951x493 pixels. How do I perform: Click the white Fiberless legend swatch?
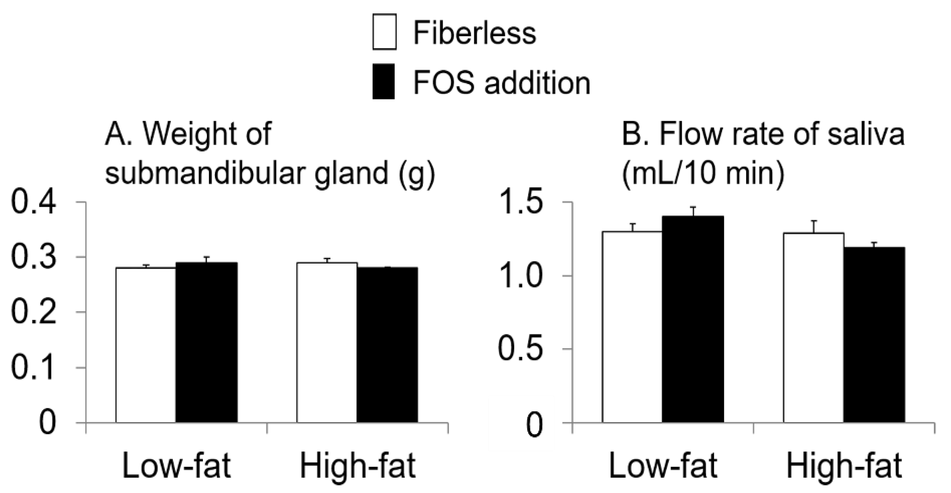pos(384,32)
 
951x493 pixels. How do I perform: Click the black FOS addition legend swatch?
pos(383,82)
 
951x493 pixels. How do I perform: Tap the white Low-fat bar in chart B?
pos(632,326)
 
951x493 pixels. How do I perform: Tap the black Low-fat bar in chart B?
pos(693,319)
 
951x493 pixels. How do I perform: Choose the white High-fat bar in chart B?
pos(814,327)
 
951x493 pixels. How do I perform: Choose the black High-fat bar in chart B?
pos(874,335)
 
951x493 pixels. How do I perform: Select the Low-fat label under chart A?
pos(176,466)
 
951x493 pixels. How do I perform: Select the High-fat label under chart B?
pos(844,466)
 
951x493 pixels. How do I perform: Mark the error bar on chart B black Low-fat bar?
pos(693,211)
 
